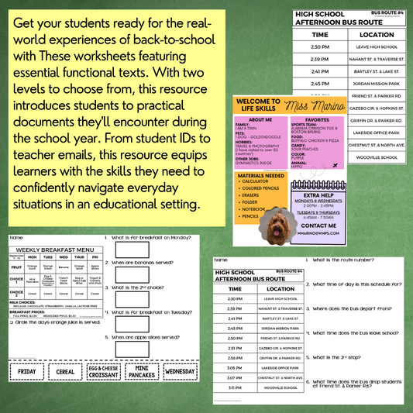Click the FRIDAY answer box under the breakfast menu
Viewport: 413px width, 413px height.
28,371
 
